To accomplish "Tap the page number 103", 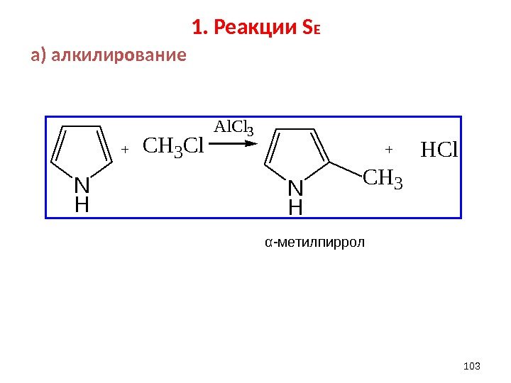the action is click(x=471, y=365).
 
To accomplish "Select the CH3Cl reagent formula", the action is click(x=173, y=147).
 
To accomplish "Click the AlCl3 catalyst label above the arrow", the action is click(x=233, y=128).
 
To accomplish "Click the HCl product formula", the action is click(x=440, y=150).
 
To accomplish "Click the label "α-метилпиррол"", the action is click(x=314, y=243).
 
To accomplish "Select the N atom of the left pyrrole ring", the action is click(x=82, y=186).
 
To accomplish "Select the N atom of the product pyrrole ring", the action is click(x=295, y=189).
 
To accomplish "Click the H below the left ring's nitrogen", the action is click(x=82, y=206).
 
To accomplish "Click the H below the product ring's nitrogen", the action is click(x=295, y=208).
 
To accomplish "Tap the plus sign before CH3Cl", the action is click(x=124, y=150).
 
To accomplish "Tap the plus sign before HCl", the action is click(x=388, y=150).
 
